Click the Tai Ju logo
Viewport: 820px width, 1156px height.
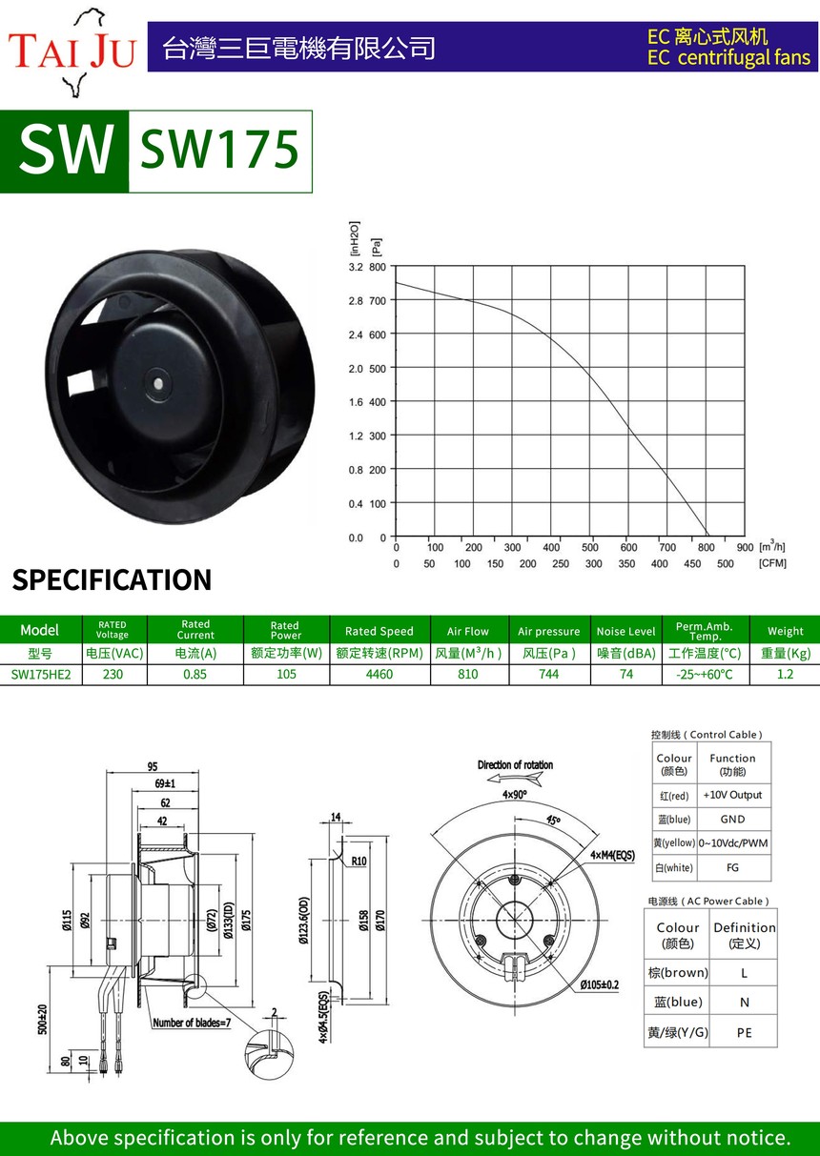tap(72, 51)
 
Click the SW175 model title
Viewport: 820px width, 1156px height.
tap(219, 150)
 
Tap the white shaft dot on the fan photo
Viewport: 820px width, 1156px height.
tap(158, 383)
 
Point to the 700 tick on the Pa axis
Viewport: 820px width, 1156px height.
tap(378, 300)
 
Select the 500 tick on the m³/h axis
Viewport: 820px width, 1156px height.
tap(589, 547)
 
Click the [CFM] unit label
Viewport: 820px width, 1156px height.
tap(772, 563)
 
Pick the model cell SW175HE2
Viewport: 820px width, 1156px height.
tap(41, 675)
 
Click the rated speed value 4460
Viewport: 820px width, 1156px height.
tap(379, 675)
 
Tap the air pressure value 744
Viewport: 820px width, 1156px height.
tap(548, 675)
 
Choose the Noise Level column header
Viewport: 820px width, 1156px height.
tap(625, 631)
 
